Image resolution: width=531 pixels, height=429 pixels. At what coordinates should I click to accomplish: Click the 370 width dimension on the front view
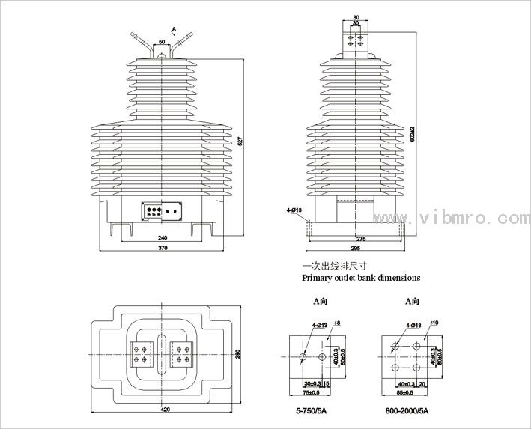tap(162, 247)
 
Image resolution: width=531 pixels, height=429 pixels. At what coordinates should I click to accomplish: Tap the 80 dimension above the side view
tap(356, 16)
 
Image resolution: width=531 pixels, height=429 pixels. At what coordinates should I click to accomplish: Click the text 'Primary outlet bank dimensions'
tap(360, 277)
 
